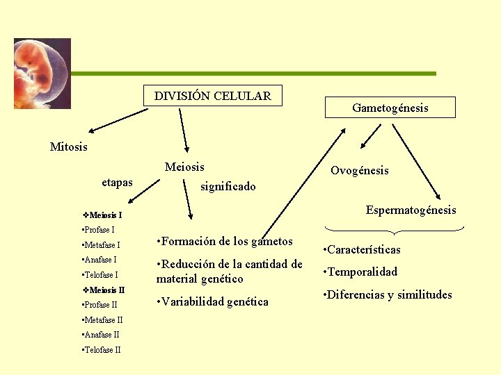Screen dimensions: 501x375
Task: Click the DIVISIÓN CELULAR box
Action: click(213, 96)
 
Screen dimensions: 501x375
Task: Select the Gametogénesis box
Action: click(390, 108)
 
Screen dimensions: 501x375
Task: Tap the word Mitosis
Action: click(69, 147)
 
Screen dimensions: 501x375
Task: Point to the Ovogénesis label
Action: click(359, 171)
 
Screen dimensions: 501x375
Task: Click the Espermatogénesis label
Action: click(411, 210)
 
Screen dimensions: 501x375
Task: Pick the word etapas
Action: click(117, 183)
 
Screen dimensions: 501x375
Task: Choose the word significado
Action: click(228, 186)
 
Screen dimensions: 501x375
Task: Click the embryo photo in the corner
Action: click(42, 74)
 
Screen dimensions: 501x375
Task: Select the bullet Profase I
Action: click(99, 230)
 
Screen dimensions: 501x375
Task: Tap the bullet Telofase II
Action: click(102, 350)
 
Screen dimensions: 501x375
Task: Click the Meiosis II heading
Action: click(104, 290)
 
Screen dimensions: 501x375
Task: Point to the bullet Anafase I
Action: click(100, 260)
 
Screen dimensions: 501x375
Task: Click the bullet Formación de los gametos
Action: click(225, 242)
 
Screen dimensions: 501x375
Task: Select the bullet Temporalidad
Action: click(361, 272)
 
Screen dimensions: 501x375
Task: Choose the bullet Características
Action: click(363, 250)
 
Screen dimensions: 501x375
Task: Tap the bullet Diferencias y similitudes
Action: click(388, 295)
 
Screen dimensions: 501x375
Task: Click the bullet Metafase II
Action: click(102, 320)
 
